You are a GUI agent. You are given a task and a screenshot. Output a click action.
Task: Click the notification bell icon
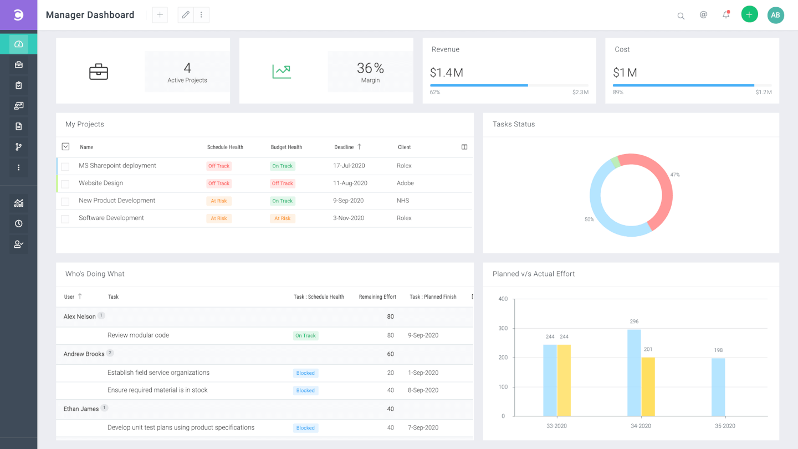[x=726, y=14]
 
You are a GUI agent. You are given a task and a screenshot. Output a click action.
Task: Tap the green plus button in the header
[x=749, y=14]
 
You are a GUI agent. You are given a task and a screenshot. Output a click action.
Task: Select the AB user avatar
[x=776, y=15]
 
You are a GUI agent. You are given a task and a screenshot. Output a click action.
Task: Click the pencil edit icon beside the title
[x=186, y=14]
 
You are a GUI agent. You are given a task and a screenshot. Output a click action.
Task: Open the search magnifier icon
[x=681, y=16]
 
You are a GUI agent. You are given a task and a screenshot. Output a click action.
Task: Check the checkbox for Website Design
[x=65, y=184]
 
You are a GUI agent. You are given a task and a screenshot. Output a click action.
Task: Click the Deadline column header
[x=344, y=147]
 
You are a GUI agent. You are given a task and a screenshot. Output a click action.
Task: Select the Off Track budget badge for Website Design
[x=282, y=183]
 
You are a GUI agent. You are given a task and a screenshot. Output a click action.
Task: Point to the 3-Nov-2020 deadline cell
[x=349, y=218]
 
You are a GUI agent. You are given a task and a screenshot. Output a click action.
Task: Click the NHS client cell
[x=403, y=201]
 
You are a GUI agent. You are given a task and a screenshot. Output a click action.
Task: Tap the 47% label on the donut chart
[x=675, y=175]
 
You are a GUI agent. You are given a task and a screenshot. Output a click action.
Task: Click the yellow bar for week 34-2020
[x=648, y=387]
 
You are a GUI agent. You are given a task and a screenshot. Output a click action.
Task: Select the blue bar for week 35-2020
[x=718, y=387]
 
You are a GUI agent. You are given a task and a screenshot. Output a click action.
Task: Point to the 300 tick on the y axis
[x=503, y=328]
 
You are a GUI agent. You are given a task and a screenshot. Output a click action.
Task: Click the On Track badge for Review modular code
[x=305, y=336]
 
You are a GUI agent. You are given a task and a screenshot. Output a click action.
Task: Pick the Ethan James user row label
[x=81, y=409]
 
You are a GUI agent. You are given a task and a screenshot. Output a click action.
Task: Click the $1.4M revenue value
[x=447, y=73]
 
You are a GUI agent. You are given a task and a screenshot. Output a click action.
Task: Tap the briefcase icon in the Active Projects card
[x=98, y=72]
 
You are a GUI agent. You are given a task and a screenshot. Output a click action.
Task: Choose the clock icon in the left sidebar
[x=18, y=223]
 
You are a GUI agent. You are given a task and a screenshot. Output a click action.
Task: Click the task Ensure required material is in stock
[x=157, y=390]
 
